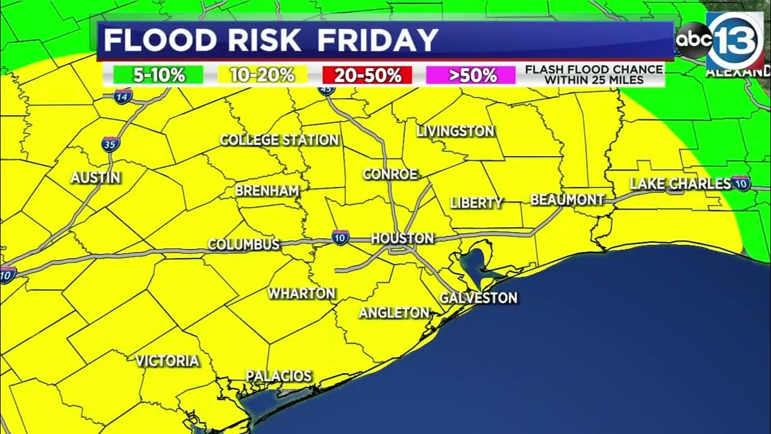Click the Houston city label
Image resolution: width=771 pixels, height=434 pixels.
(x=402, y=238)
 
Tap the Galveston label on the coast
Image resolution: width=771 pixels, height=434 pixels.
(x=479, y=298)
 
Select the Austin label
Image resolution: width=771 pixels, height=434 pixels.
(x=96, y=178)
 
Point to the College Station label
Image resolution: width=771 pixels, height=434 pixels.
(x=279, y=140)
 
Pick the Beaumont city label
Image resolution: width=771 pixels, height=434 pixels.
(x=567, y=200)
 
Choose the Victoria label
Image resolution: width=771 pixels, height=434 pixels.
(x=167, y=361)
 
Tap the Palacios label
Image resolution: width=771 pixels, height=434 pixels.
(x=279, y=376)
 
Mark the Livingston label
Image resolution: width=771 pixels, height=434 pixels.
(x=455, y=131)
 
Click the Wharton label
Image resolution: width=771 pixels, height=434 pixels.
(x=301, y=294)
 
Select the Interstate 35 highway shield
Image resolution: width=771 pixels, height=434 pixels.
(x=110, y=144)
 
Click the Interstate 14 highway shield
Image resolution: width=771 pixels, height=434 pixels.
(x=122, y=96)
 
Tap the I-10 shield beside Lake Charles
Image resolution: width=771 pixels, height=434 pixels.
(x=741, y=184)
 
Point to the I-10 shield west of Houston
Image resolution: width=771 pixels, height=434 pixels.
(x=340, y=238)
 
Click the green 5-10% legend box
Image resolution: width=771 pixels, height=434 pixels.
(x=158, y=75)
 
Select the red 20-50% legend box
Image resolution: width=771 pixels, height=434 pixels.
(x=367, y=75)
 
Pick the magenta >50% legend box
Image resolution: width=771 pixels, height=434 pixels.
(x=470, y=75)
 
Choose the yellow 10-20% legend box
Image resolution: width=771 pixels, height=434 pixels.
(x=262, y=75)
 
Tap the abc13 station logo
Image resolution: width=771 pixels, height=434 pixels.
(x=720, y=40)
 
